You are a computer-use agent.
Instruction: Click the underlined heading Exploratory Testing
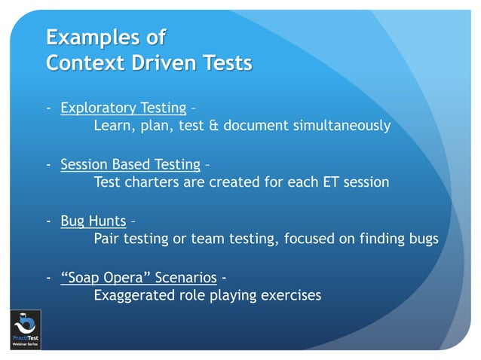click(x=120, y=108)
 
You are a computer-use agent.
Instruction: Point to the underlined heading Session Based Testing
click(x=130, y=164)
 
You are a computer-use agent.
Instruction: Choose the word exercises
click(x=290, y=295)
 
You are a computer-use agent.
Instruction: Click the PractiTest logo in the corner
click(x=25, y=329)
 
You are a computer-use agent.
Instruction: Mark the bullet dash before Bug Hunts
click(x=49, y=221)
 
